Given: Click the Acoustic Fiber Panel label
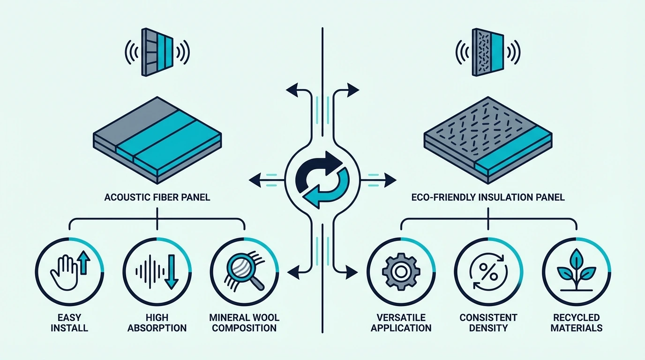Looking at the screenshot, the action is point(157,197).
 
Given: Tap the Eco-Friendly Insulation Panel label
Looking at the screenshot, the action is point(488,197).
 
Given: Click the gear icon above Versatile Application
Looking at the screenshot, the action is point(401,271).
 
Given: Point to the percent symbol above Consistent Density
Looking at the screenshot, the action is point(488,271).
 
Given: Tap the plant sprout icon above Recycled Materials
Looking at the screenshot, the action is point(577,269).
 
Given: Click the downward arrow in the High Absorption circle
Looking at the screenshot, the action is point(172,271).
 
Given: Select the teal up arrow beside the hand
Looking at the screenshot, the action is point(84,262).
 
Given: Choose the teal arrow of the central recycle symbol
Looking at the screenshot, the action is point(328,188).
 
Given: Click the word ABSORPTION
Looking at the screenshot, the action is point(157,328).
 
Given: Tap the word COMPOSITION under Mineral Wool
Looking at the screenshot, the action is point(244,328).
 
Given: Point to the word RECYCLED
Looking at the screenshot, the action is point(577,318).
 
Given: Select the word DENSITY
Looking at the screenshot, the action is point(488,328).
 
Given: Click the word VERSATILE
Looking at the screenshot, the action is point(401,318).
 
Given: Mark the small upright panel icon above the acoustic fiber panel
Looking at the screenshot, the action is point(157,52).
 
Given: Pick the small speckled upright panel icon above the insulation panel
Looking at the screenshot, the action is point(488,52).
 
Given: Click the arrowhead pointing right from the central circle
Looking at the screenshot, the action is point(390,180).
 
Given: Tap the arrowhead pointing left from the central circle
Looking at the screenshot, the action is point(255,180).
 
